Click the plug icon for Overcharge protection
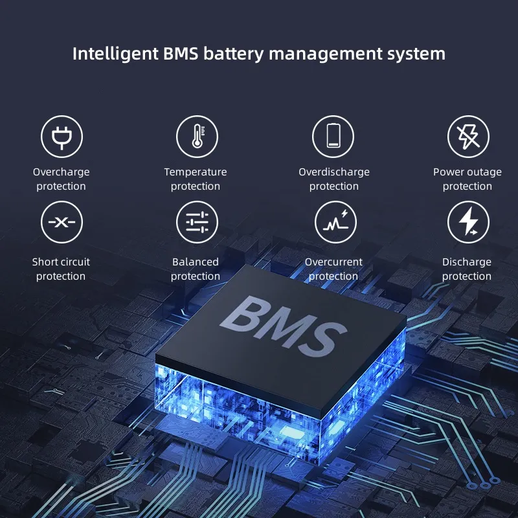point(62,137)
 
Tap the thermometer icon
point(197,137)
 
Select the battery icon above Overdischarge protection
point(333,137)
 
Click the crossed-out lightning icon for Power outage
point(468,137)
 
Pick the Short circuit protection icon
point(62,222)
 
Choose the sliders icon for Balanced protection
point(197,222)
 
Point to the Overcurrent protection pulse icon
point(335,222)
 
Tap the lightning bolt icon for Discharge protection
point(468,222)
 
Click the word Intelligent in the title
point(115,54)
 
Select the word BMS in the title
point(181,54)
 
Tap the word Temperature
point(196,172)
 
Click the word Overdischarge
point(334,172)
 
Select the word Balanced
point(196,262)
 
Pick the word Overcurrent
point(333,262)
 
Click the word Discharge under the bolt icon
point(467,262)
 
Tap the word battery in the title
point(234,54)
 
